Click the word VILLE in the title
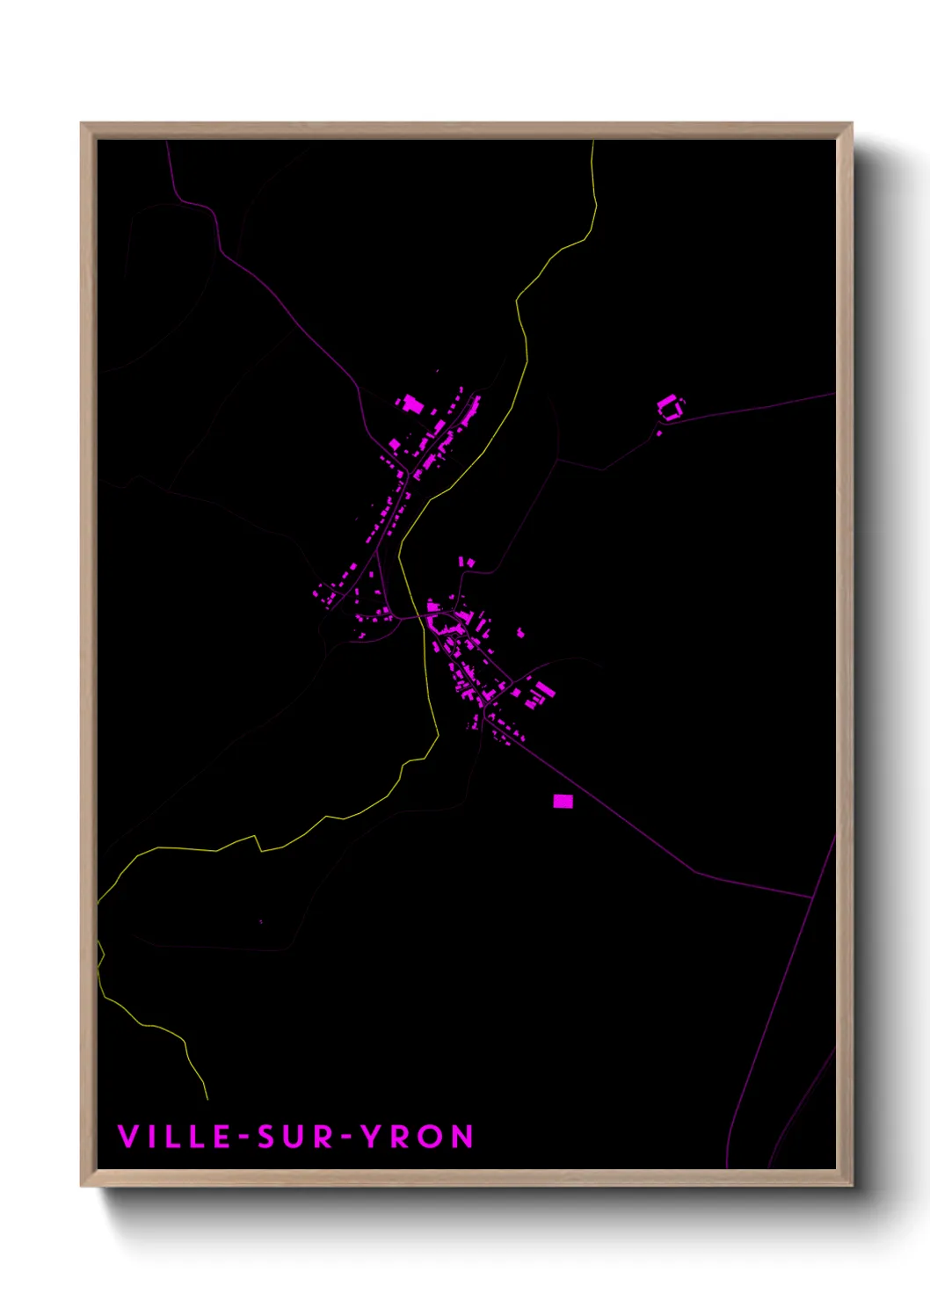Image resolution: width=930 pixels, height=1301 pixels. pyautogui.click(x=173, y=1137)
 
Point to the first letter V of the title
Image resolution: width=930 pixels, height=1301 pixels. pyautogui.click(x=127, y=1137)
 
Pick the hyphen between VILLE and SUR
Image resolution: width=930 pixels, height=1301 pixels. pyautogui.click(x=243, y=1137)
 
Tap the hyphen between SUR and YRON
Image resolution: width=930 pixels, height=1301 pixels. pyautogui.click(x=348, y=1137)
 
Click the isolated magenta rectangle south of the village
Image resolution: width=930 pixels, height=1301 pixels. pyautogui.click(x=563, y=801)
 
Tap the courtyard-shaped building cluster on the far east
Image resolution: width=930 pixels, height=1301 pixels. pyautogui.click(x=670, y=408)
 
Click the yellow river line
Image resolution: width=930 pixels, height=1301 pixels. pyautogui.click(x=524, y=334)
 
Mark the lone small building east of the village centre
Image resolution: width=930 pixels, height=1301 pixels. pyautogui.click(x=520, y=632)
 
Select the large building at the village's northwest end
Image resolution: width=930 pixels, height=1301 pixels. pyautogui.click(x=412, y=404)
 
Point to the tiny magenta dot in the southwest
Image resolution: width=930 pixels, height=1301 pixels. pyautogui.click(x=261, y=921)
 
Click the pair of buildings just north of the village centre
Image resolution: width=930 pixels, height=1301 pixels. pyautogui.click(x=468, y=562)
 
